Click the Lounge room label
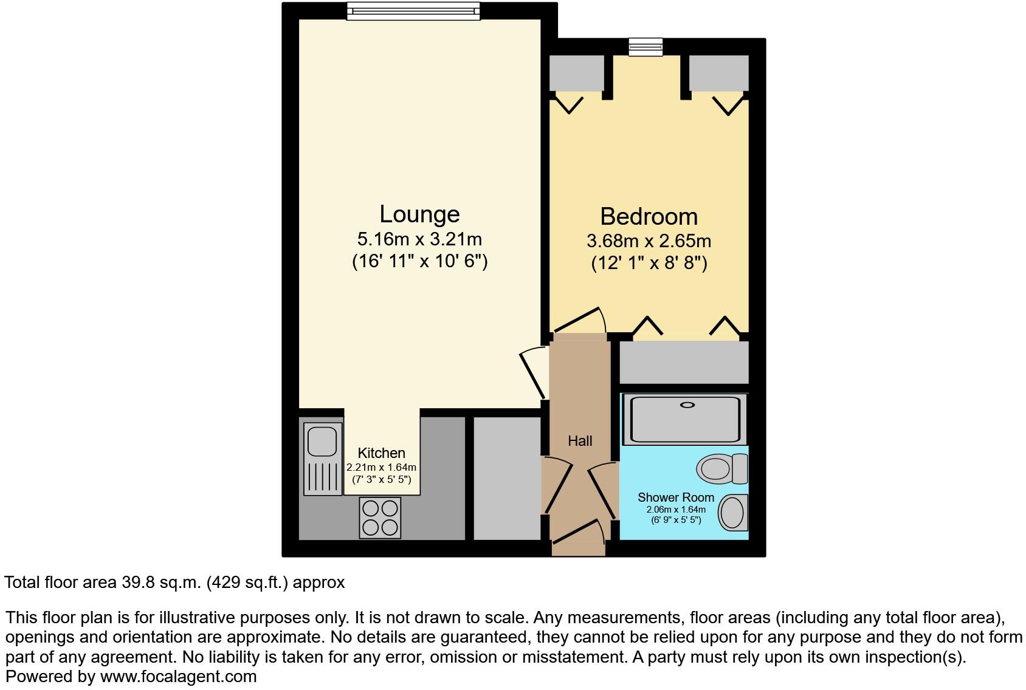(x=419, y=214)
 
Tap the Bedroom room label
(x=649, y=217)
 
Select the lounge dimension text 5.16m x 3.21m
(x=419, y=239)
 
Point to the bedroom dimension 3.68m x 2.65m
(x=649, y=241)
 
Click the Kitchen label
(x=381, y=453)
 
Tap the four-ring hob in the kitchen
(x=380, y=517)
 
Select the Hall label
(x=580, y=441)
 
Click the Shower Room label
(x=675, y=497)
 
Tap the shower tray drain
(x=687, y=405)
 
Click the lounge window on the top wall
(x=413, y=11)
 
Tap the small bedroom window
(x=646, y=46)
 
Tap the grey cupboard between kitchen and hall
(x=507, y=478)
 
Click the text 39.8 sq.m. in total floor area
(x=160, y=582)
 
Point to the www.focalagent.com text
(x=178, y=676)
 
